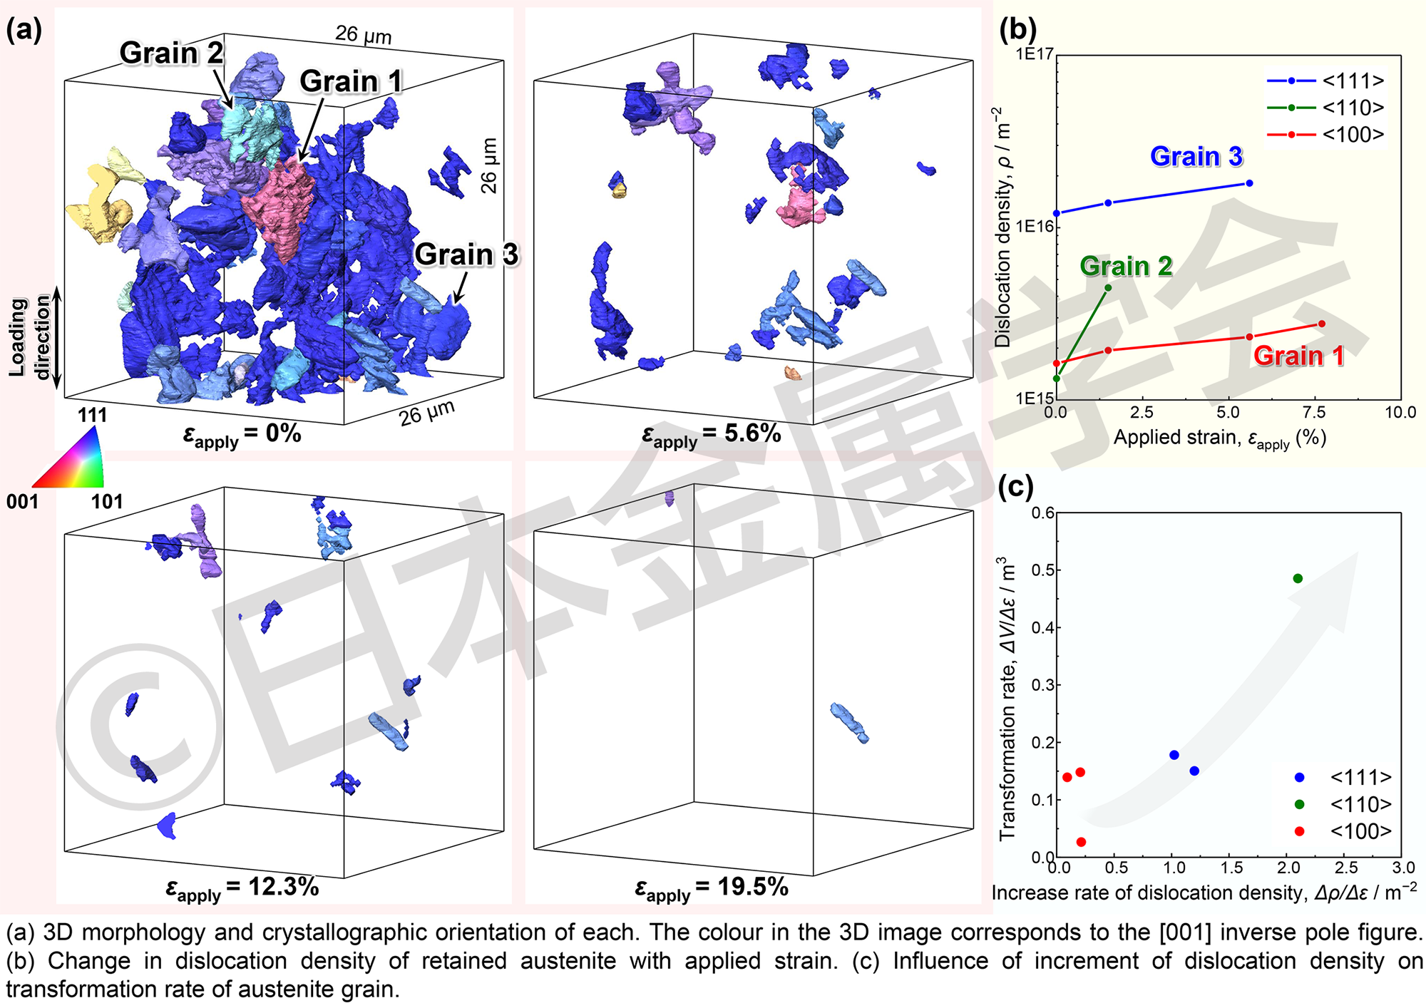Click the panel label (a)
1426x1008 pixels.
pos(24,30)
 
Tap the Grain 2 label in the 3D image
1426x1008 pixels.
pos(171,53)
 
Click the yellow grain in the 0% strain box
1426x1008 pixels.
pos(100,203)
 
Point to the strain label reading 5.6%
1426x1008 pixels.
pos(711,434)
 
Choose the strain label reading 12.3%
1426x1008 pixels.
pos(242,888)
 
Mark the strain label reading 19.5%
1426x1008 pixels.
pos(711,888)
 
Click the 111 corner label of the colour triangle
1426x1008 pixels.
pos(92,415)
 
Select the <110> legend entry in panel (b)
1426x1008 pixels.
pos(1325,108)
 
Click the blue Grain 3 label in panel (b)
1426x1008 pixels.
pos(1196,157)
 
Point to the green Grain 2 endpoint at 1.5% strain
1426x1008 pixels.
pos(1108,288)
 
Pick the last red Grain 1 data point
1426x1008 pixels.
pos(1321,324)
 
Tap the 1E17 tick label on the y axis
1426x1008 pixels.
pos(1034,54)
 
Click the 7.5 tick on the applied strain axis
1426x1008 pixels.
pos(1313,412)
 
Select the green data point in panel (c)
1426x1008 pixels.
pos(1298,578)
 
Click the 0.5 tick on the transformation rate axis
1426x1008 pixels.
pos(1043,570)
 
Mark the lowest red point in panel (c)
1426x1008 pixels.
pos(1081,842)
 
